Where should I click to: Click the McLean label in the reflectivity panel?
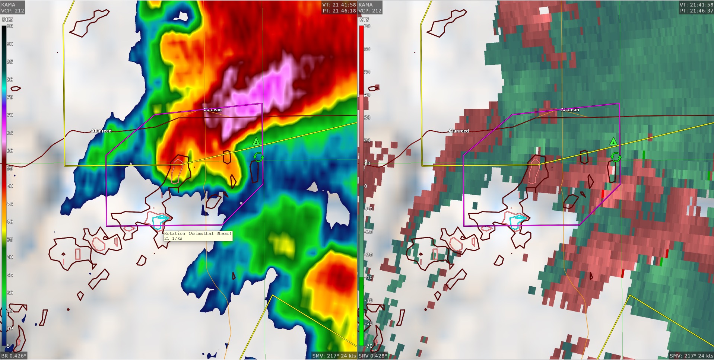tap(213, 110)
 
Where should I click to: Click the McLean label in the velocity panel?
tap(570, 110)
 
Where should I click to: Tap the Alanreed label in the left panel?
tap(101, 131)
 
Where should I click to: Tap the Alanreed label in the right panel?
tap(458, 131)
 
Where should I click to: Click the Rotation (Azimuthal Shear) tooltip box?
tap(198, 236)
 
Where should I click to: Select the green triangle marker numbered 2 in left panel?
tap(256, 142)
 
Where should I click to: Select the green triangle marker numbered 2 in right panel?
tap(613, 142)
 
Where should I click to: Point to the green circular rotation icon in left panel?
tap(258, 157)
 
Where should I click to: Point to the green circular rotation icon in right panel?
tap(616, 157)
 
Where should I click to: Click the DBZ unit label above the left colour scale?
tap(7, 19)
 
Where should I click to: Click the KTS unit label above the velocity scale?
tap(364, 19)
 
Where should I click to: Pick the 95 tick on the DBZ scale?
tap(10, 26)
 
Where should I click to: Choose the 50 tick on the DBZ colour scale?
tap(10, 186)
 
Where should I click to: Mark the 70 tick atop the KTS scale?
tap(367, 26)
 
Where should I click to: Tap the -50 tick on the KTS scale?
tap(368, 300)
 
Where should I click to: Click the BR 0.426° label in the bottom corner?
tap(14, 356)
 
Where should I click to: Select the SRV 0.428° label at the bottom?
tap(372, 356)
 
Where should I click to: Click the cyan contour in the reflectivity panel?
tap(160, 221)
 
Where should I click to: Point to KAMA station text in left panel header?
tap(8, 5)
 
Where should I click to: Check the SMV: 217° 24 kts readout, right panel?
tap(691, 356)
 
